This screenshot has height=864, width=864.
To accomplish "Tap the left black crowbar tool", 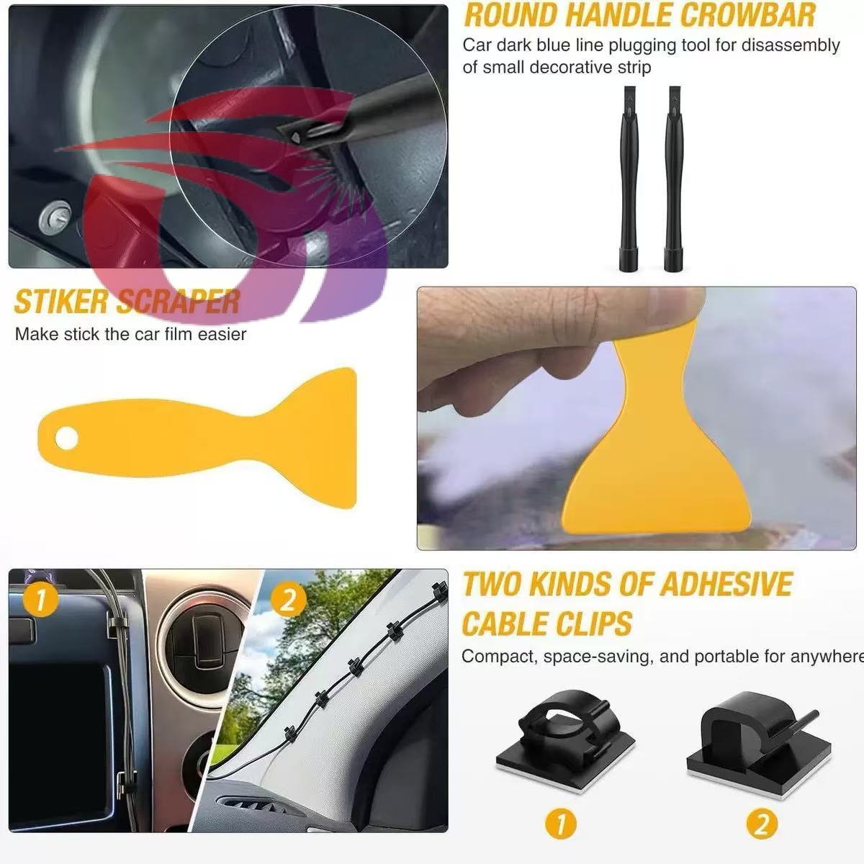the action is point(629,179).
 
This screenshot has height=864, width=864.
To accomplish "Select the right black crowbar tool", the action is point(673,179).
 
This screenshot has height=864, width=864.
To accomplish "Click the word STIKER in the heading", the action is point(60,302).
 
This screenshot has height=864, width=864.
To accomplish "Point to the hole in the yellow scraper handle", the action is point(67,438).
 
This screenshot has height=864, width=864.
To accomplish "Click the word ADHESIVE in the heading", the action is point(726,584).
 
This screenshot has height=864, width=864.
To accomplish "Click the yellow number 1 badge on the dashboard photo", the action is point(40,600).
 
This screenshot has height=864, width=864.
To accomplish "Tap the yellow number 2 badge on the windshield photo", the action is point(288,600).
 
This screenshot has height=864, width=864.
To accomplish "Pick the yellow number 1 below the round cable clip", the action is point(560,824).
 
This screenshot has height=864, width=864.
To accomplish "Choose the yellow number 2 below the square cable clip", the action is point(762,824).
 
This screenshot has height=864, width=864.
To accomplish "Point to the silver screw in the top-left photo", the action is point(55,218).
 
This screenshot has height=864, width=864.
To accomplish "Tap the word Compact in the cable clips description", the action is point(500,657).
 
